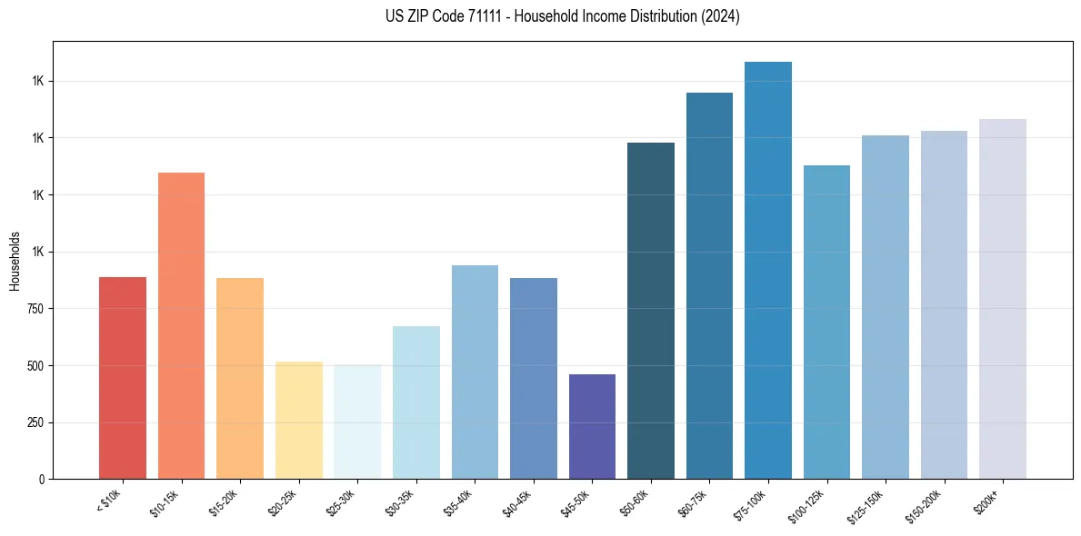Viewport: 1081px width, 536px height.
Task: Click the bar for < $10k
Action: click(x=123, y=378)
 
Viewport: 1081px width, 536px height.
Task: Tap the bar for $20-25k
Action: click(x=298, y=420)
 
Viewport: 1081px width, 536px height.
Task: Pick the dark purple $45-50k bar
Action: click(x=592, y=426)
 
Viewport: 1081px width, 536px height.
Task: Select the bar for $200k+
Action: click(x=1003, y=299)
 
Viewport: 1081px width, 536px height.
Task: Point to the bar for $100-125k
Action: click(x=826, y=322)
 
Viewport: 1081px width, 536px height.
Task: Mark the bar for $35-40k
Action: click(x=475, y=372)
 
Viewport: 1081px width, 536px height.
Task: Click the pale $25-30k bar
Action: click(x=357, y=422)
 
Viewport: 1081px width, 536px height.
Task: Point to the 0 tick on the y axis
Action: click(x=42, y=480)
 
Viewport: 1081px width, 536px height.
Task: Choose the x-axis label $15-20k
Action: click(x=228, y=501)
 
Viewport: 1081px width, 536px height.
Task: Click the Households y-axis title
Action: click(x=15, y=260)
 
